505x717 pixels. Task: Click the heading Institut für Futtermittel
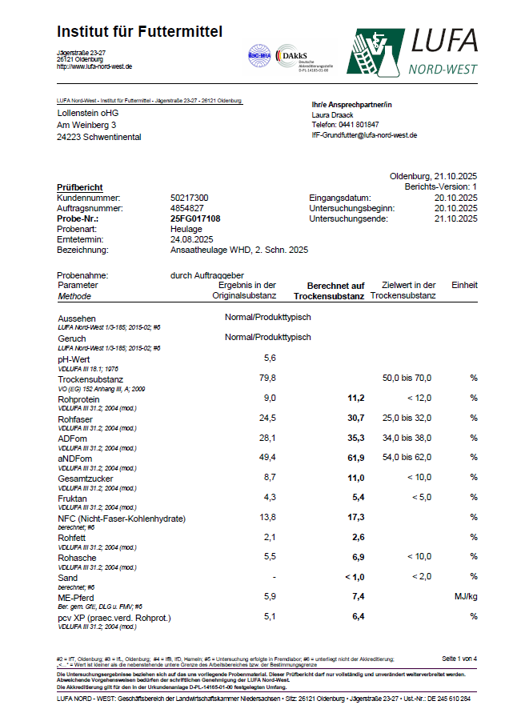point(139,32)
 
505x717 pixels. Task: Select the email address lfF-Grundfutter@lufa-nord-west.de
point(364,135)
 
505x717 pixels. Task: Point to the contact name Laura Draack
point(333,114)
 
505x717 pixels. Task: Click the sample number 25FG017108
point(195,218)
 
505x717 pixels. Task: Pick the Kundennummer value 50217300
point(190,197)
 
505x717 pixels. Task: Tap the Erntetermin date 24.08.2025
point(191,238)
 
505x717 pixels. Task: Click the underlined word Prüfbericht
point(79,187)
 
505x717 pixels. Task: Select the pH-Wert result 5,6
point(270,358)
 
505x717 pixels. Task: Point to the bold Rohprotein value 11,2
point(355,398)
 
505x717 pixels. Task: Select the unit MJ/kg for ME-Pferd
point(465,596)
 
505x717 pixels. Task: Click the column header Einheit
point(464,285)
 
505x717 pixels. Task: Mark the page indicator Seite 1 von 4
point(459,658)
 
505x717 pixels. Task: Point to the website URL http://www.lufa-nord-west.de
point(94,66)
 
